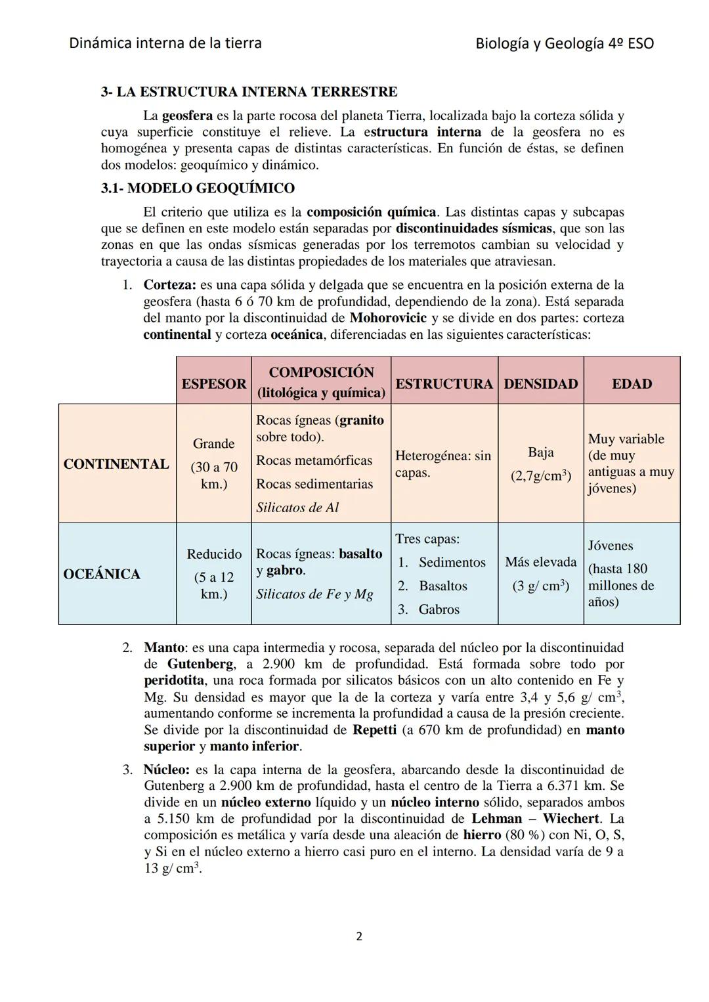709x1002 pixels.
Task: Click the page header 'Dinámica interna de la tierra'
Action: coord(165,43)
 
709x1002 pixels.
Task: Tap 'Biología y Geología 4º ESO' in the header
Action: coord(565,44)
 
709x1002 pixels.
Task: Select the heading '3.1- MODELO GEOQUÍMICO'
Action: coord(198,188)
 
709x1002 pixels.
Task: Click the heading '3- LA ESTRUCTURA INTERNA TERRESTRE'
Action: coord(249,92)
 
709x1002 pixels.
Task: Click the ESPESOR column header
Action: coord(213,383)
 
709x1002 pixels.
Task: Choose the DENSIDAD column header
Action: coord(540,383)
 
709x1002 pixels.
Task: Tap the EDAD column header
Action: coord(632,383)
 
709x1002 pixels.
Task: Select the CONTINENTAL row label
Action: coord(116,464)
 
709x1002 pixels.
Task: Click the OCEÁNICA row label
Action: coord(102,574)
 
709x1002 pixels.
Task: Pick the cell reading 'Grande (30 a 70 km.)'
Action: coord(213,464)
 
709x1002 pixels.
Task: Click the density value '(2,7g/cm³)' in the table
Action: coord(540,476)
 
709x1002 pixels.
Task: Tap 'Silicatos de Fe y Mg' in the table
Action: coord(314,594)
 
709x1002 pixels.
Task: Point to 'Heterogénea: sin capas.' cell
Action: coord(443,464)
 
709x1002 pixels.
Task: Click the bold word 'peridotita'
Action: coord(174,680)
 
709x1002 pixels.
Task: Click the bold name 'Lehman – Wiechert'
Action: coord(535,819)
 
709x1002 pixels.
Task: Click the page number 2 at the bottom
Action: coord(358,936)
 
